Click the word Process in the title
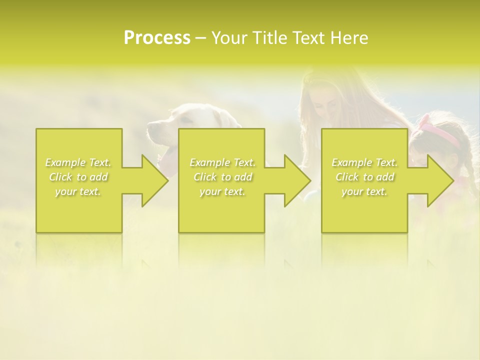[x=157, y=38]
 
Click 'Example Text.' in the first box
[x=78, y=162]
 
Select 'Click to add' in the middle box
[x=222, y=177]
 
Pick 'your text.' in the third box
[x=364, y=191]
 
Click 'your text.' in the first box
[x=78, y=191]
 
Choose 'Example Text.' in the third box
[x=364, y=162]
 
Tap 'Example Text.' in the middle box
[x=222, y=162]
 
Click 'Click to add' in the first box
[x=78, y=177]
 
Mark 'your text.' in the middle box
[x=222, y=191]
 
